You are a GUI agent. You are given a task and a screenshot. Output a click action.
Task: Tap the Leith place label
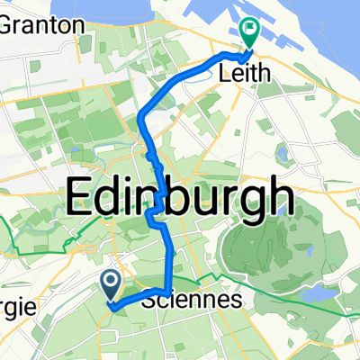[246, 77]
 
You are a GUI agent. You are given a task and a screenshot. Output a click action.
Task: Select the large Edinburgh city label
[180, 193]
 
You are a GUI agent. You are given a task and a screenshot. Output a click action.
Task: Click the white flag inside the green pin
[249, 30]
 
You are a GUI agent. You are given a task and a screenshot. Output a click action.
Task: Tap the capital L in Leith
[225, 77]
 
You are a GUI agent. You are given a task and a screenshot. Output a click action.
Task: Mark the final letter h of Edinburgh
[278, 193]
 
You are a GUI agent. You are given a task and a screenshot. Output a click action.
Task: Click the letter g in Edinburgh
[253, 198]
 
